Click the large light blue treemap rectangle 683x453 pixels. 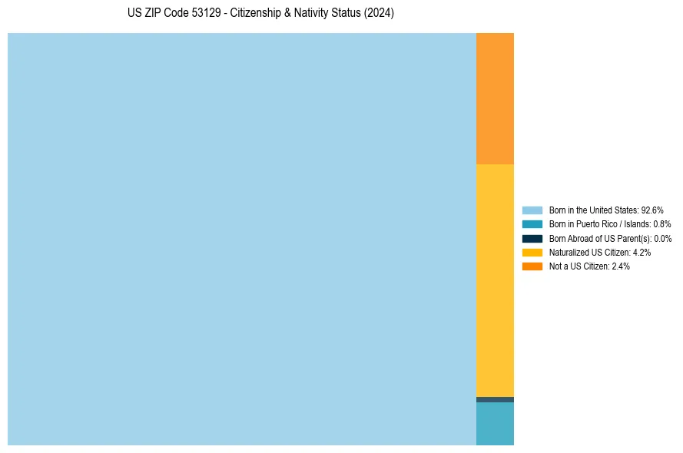tap(242, 239)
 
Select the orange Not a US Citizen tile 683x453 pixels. tap(495, 98)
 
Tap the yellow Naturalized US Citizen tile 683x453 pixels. tap(495, 280)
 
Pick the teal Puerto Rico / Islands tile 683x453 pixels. tap(495, 424)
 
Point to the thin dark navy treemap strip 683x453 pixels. tap(495, 399)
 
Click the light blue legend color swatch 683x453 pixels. tap(532, 210)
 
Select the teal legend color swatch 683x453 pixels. tap(532, 224)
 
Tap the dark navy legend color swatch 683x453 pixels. tap(532, 238)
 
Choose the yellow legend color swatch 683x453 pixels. tap(532, 252)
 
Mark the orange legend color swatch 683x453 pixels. tap(532, 266)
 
